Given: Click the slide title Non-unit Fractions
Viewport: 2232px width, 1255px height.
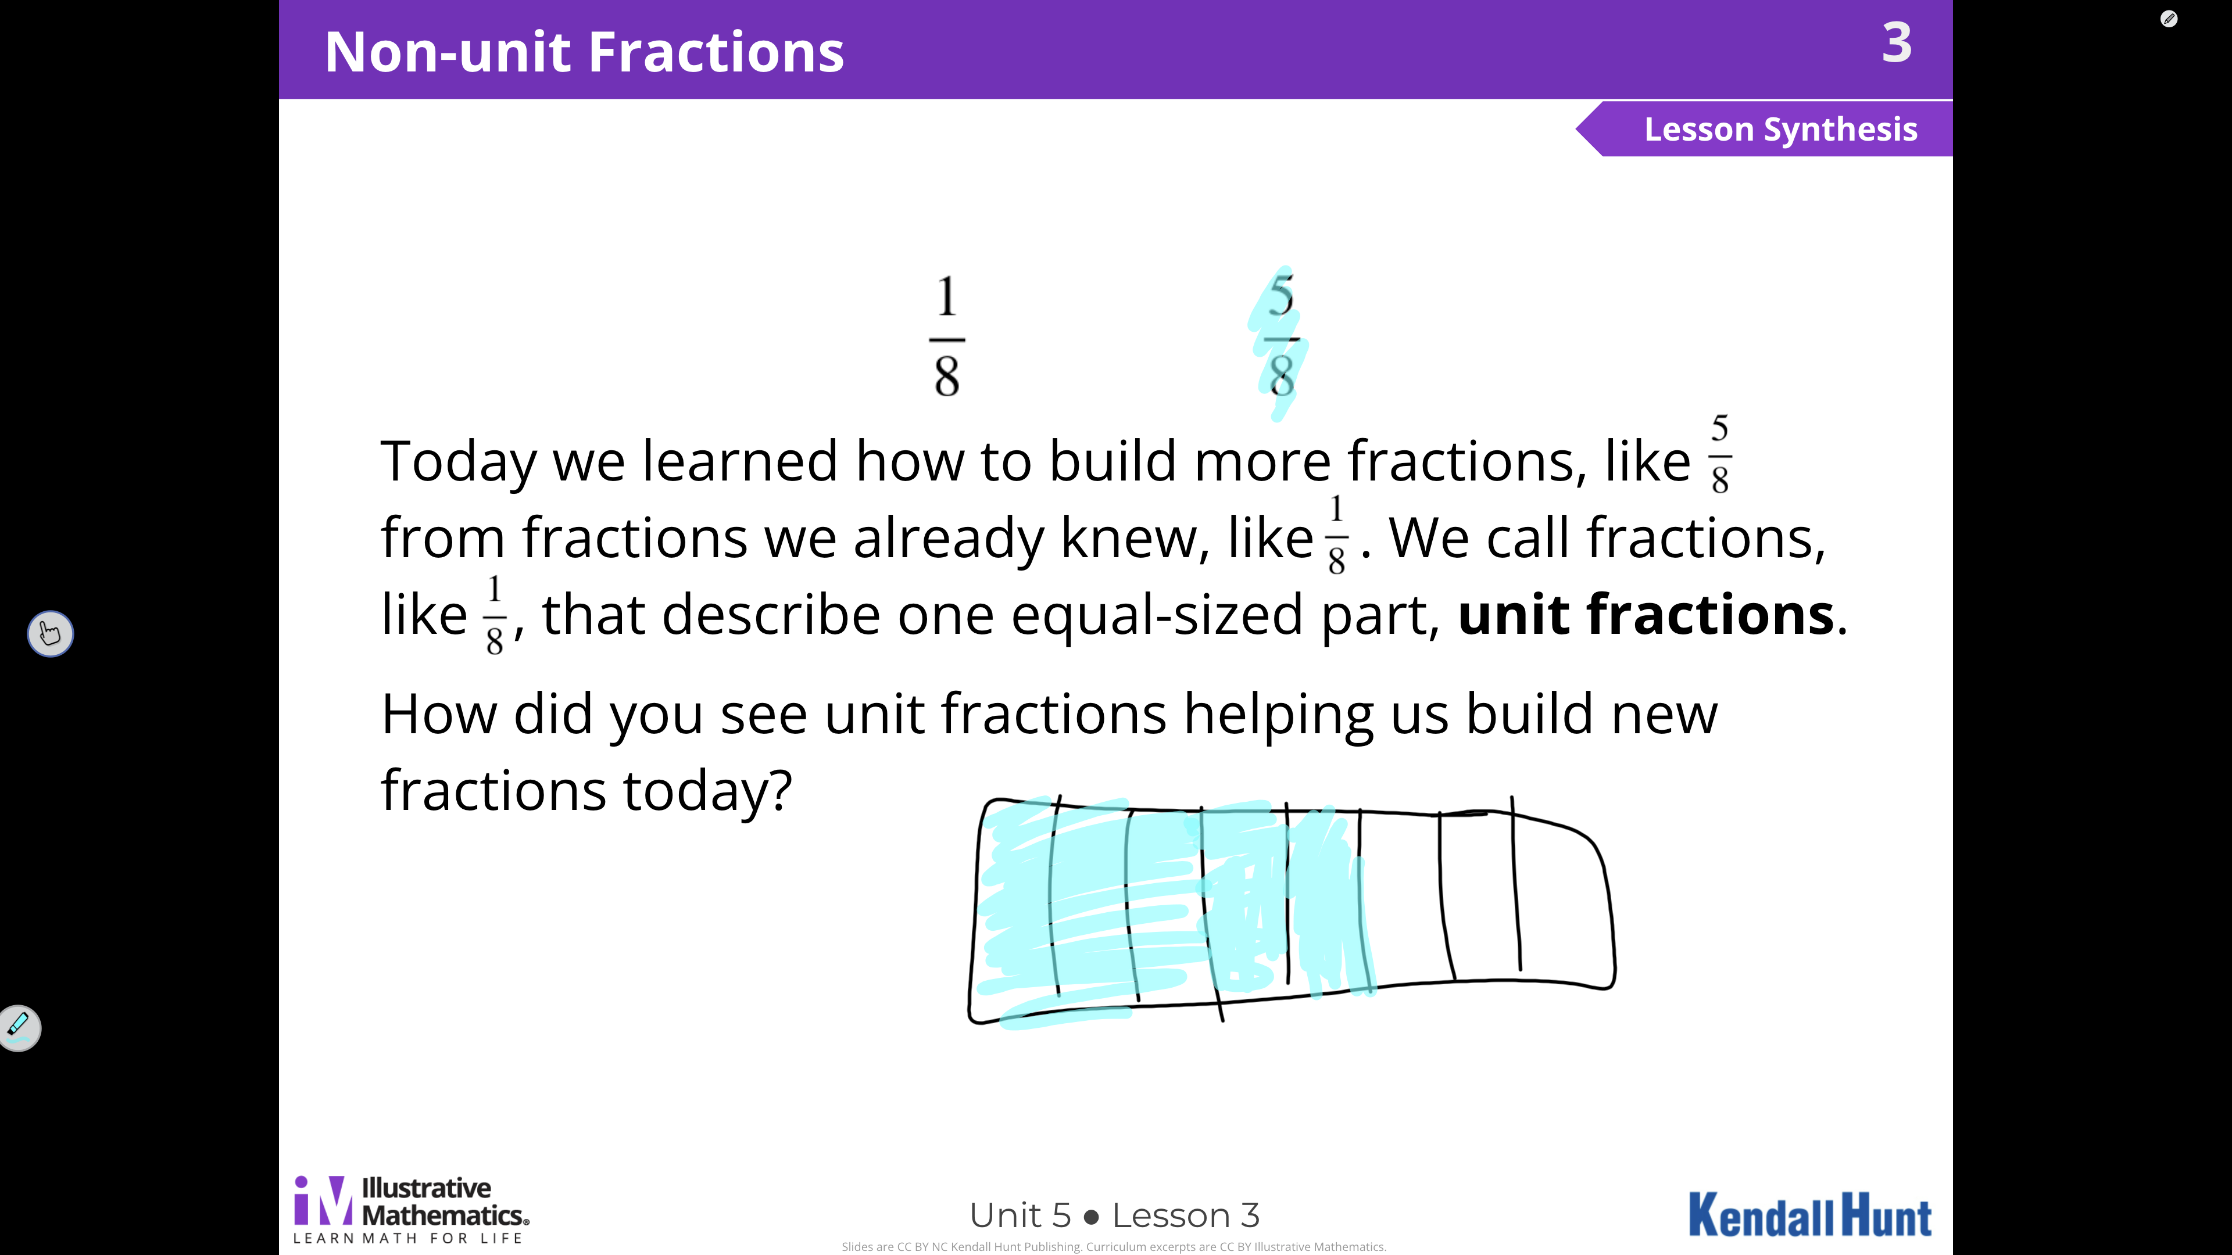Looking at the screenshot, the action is point(584,52).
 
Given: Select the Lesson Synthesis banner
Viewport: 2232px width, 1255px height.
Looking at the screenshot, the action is point(1764,129).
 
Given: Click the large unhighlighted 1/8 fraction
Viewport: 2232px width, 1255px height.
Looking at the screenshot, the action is point(947,336).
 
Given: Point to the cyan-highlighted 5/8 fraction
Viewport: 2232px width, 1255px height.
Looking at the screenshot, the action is point(1280,338).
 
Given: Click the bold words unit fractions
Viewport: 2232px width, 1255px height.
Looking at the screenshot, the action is point(1646,614).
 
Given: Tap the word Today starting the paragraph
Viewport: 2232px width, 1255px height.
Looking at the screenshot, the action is point(459,462).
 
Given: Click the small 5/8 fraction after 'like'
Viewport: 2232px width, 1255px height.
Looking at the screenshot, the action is point(1720,454).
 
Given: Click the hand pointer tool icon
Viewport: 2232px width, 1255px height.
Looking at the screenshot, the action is point(50,633).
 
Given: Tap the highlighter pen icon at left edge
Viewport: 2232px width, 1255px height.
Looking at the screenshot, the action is point(18,1027).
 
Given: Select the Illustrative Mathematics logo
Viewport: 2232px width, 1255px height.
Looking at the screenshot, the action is point(412,1209).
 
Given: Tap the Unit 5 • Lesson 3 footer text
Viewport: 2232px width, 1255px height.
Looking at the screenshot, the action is point(1114,1215).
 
